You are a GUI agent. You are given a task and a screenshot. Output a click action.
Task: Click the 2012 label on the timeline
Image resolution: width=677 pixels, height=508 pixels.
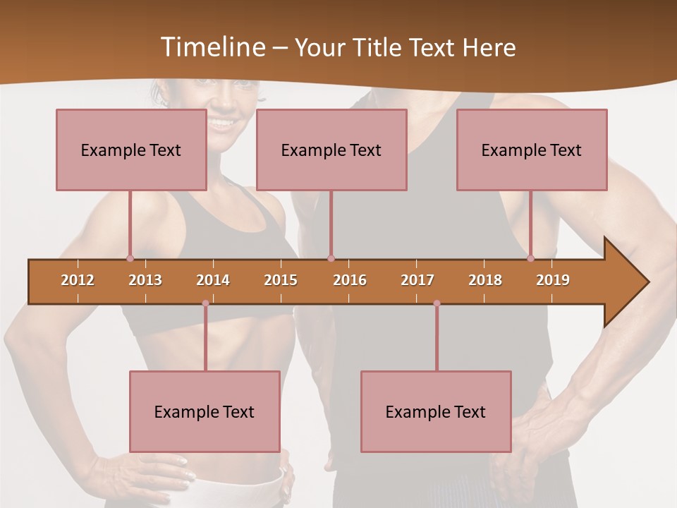click(x=78, y=280)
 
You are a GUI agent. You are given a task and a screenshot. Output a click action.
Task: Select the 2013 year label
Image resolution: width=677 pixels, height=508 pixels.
click(x=145, y=280)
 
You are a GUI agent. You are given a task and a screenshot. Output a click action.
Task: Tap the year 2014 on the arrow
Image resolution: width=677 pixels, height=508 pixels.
click(x=213, y=280)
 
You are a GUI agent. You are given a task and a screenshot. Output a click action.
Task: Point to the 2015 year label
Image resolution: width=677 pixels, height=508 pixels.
click(x=281, y=280)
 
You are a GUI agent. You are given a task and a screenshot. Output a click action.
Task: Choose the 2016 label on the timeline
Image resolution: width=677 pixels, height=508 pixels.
click(x=350, y=280)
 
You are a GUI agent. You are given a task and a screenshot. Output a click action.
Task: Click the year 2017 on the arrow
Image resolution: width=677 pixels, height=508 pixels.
click(x=417, y=280)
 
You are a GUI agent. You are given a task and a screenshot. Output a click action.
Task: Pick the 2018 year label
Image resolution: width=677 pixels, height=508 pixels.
click(x=485, y=280)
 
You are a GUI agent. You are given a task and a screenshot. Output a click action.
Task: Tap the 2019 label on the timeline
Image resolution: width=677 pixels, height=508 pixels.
click(x=553, y=280)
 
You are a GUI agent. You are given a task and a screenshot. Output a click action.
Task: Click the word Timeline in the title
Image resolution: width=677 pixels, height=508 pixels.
click(x=211, y=47)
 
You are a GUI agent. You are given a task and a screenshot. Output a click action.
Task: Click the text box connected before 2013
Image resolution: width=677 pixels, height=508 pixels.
click(x=131, y=150)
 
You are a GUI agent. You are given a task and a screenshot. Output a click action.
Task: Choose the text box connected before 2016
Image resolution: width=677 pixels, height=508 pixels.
click(x=331, y=150)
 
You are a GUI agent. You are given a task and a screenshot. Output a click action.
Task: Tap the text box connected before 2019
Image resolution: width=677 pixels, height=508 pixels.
click(x=532, y=150)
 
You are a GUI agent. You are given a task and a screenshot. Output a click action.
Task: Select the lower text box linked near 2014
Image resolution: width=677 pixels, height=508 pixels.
click(x=205, y=411)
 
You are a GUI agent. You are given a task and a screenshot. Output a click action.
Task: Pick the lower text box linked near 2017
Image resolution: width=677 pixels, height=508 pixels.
click(x=436, y=411)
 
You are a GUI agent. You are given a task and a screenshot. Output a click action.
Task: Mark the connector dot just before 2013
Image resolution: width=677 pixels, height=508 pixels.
click(x=130, y=258)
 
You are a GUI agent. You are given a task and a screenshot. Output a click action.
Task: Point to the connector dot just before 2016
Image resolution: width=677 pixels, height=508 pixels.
click(x=331, y=258)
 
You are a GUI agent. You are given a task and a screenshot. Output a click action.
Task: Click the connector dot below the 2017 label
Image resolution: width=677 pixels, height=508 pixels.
click(x=437, y=303)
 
